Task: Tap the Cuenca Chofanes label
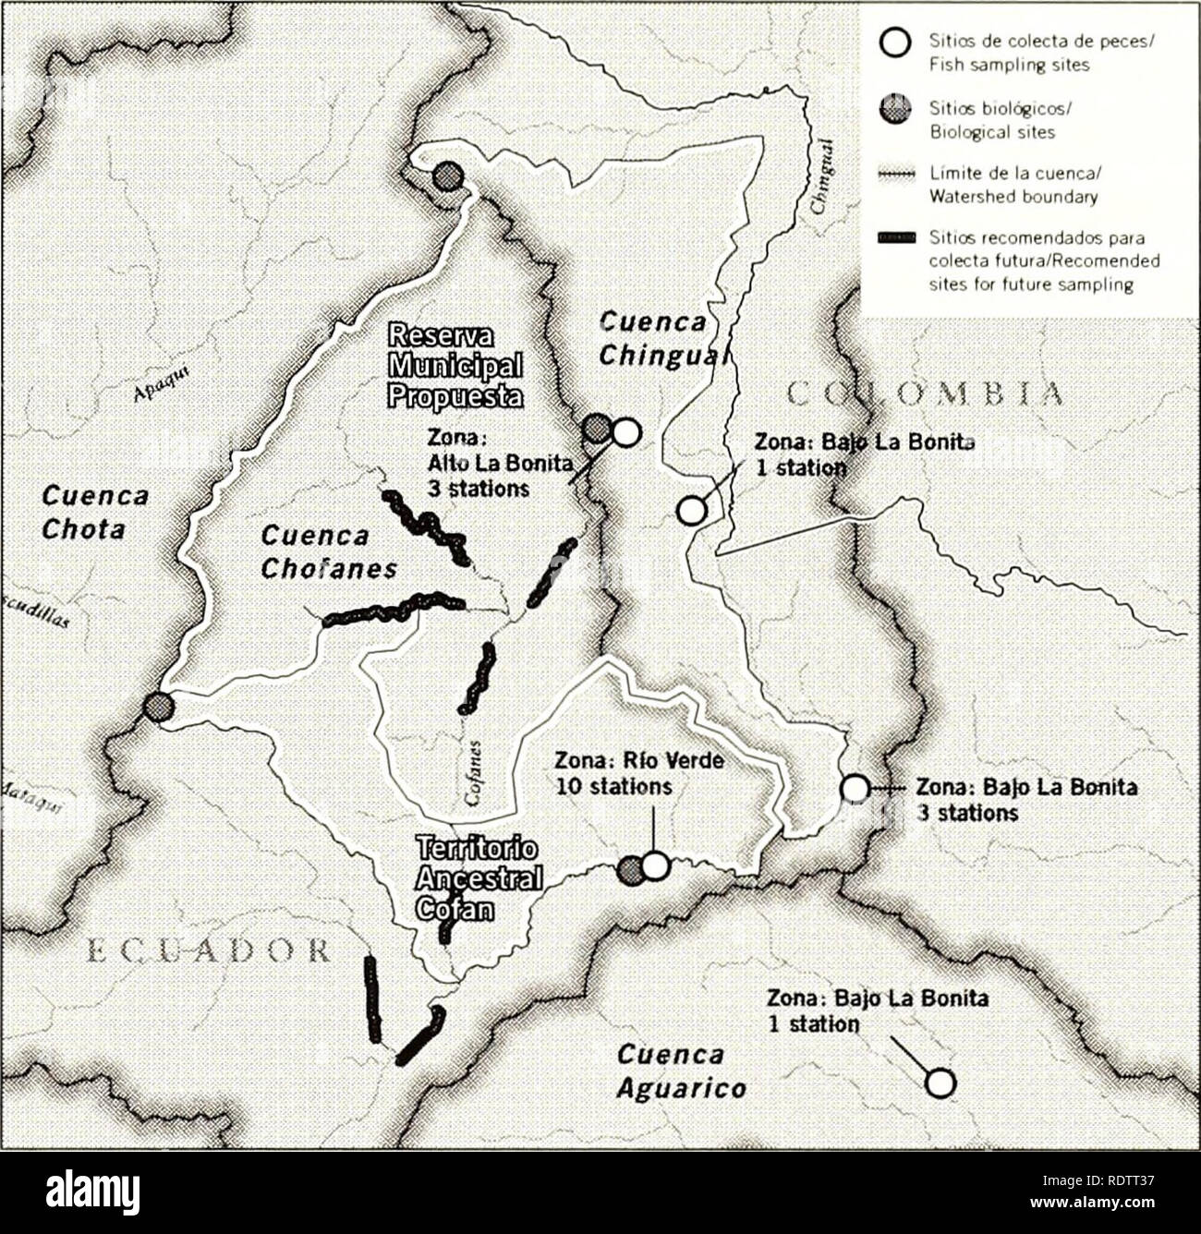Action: point(327,551)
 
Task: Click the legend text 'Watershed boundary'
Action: point(1013,197)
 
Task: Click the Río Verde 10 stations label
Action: point(638,773)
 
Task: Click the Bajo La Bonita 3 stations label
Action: point(1025,800)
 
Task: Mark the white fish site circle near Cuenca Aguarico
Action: point(940,1083)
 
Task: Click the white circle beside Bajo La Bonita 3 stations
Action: point(855,788)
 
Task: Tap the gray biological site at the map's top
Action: point(447,175)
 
